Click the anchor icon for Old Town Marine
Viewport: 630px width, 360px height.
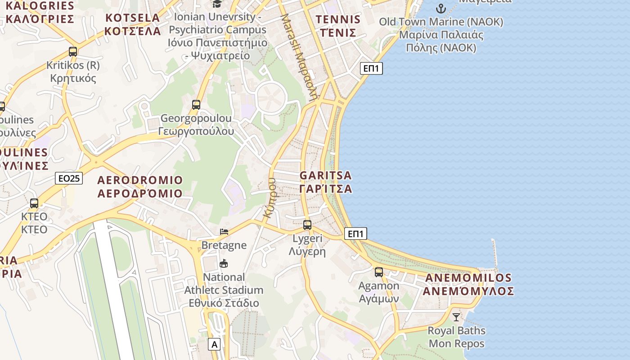pos(441,8)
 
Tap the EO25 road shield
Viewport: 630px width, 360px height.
pos(69,178)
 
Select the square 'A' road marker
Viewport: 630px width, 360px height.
pos(214,345)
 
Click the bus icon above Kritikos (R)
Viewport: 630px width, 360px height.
pos(73,51)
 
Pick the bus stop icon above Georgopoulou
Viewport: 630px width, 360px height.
pos(196,105)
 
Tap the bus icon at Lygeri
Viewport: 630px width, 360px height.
pos(307,225)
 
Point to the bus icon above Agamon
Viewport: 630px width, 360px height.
pos(379,272)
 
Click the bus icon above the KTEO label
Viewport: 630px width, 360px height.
pos(34,203)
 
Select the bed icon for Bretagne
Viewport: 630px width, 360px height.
pos(224,232)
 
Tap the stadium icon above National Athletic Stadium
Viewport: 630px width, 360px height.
pos(224,263)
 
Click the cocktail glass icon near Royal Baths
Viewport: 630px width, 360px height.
pos(456,317)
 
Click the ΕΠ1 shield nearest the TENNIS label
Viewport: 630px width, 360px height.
pos(371,68)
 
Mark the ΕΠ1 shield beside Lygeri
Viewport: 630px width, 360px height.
pos(355,234)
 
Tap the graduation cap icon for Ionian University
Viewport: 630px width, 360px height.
pos(217,4)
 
